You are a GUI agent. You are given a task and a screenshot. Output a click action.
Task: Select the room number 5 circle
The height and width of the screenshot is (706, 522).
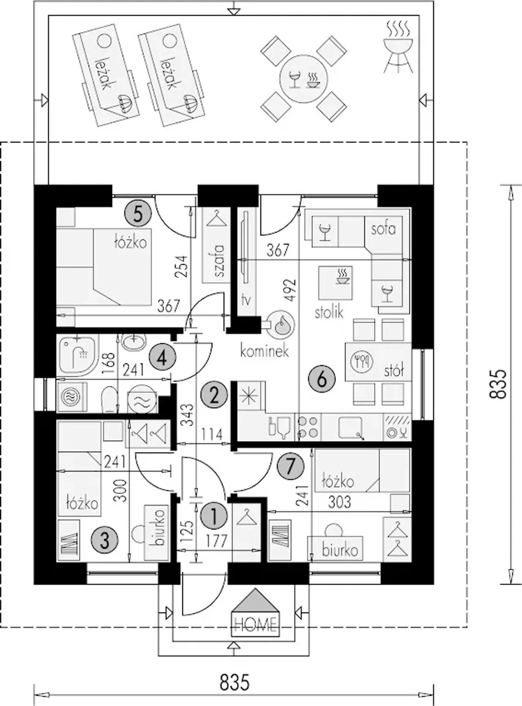tap(138, 214)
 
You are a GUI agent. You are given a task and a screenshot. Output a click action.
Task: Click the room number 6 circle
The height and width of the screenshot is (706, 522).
tap(322, 379)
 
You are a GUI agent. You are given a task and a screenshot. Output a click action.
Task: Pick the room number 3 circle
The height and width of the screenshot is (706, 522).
tap(105, 541)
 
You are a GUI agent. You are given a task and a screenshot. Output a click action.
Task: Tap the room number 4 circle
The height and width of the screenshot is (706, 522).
tap(162, 358)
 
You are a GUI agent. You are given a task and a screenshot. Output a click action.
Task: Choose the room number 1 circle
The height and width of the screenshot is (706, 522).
tap(214, 515)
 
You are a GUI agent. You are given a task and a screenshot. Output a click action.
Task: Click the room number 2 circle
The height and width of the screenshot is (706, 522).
tap(214, 395)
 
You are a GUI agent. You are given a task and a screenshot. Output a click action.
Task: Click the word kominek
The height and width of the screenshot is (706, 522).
tap(264, 351)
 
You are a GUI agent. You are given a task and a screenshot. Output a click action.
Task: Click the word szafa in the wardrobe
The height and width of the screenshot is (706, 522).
tap(219, 261)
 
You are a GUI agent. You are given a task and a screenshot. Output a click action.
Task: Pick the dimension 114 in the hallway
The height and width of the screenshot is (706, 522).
tap(212, 434)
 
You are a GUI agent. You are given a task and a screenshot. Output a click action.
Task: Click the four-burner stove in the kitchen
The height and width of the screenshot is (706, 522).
tap(309, 427)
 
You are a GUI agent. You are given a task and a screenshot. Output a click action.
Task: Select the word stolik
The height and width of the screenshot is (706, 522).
tap(329, 312)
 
